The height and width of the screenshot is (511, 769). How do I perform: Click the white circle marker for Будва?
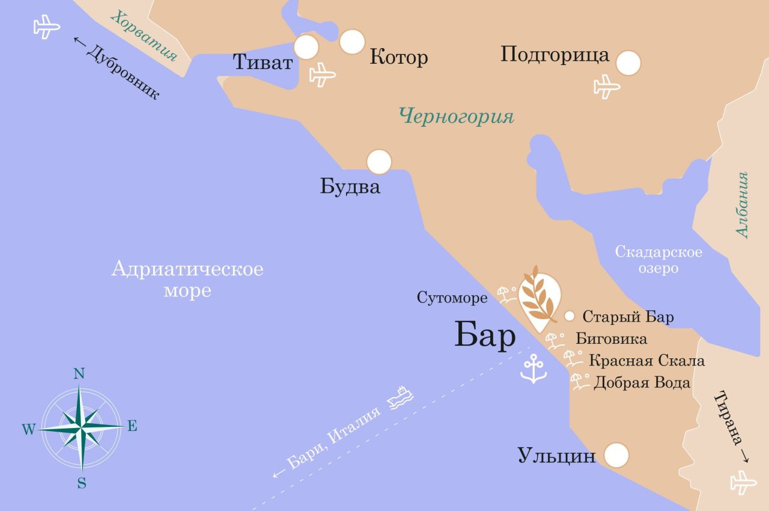379,162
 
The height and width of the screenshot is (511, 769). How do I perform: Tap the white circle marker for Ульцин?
616,456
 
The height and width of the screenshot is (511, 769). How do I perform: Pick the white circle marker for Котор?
352,41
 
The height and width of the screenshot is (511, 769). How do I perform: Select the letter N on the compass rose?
79,374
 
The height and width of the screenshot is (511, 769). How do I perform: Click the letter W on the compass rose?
28,429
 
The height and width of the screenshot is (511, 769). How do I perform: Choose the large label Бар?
484,336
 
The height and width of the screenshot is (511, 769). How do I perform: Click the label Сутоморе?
452,298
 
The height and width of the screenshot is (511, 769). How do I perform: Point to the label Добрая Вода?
642,383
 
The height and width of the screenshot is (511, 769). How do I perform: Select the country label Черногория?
457,116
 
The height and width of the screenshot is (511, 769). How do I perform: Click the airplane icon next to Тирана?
743,482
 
